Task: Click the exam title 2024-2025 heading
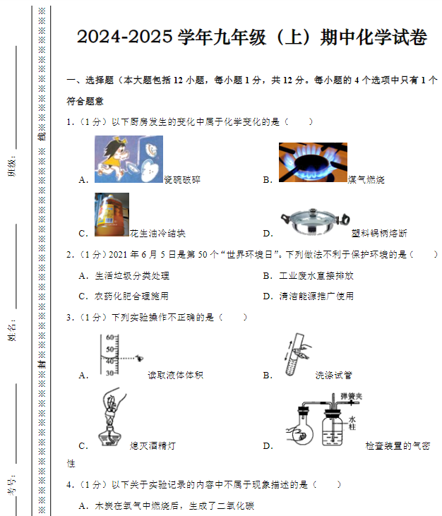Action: pos(251,37)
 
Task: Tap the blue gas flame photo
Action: pos(312,162)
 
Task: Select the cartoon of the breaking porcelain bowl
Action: pos(129,160)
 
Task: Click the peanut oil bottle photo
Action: pos(112,215)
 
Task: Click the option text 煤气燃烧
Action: pos(366,180)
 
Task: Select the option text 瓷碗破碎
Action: pos(182,180)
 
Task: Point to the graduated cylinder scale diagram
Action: pos(113,355)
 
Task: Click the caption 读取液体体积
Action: pos(174,376)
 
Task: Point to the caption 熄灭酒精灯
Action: pos(153,446)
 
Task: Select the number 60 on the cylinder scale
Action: pos(109,337)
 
